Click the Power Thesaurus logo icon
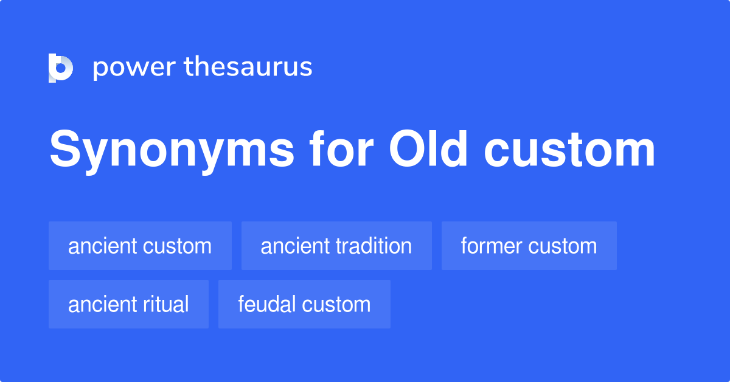tap(61, 68)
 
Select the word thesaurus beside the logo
tap(249, 68)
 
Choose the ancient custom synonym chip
tap(140, 246)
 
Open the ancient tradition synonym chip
tap(336, 246)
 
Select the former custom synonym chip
tap(529, 246)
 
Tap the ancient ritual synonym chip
tap(128, 304)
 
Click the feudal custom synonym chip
tap(304, 304)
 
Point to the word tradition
tap(374, 246)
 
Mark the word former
tap(492, 246)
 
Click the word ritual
tap(167, 304)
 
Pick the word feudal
tap(267, 304)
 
